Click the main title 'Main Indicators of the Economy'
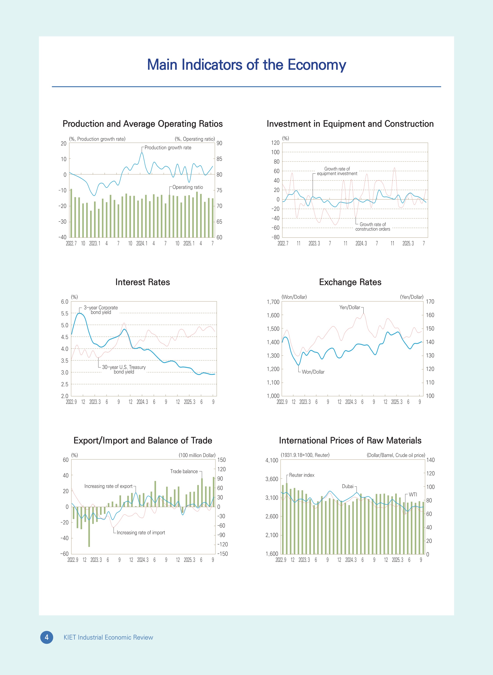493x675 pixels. coord(246,65)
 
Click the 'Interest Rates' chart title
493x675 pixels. coord(142,282)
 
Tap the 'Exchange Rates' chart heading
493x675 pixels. coord(350,282)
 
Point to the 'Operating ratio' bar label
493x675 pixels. coord(187,187)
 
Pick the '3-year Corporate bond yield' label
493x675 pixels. coord(101,310)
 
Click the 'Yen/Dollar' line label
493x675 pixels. coord(350,307)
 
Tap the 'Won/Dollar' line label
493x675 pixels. coord(313,372)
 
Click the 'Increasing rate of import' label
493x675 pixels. coord(141,532)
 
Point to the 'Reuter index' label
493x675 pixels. coord(301,475)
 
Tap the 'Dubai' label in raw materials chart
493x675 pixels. coord(347,486)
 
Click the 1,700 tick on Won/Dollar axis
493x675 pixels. coord(273,302)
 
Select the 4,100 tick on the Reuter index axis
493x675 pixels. coord(272,460)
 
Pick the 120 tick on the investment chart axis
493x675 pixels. coord(275,143)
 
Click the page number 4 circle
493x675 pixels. coord(47,637)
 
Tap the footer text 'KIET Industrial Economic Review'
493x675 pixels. coord(108,637)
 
